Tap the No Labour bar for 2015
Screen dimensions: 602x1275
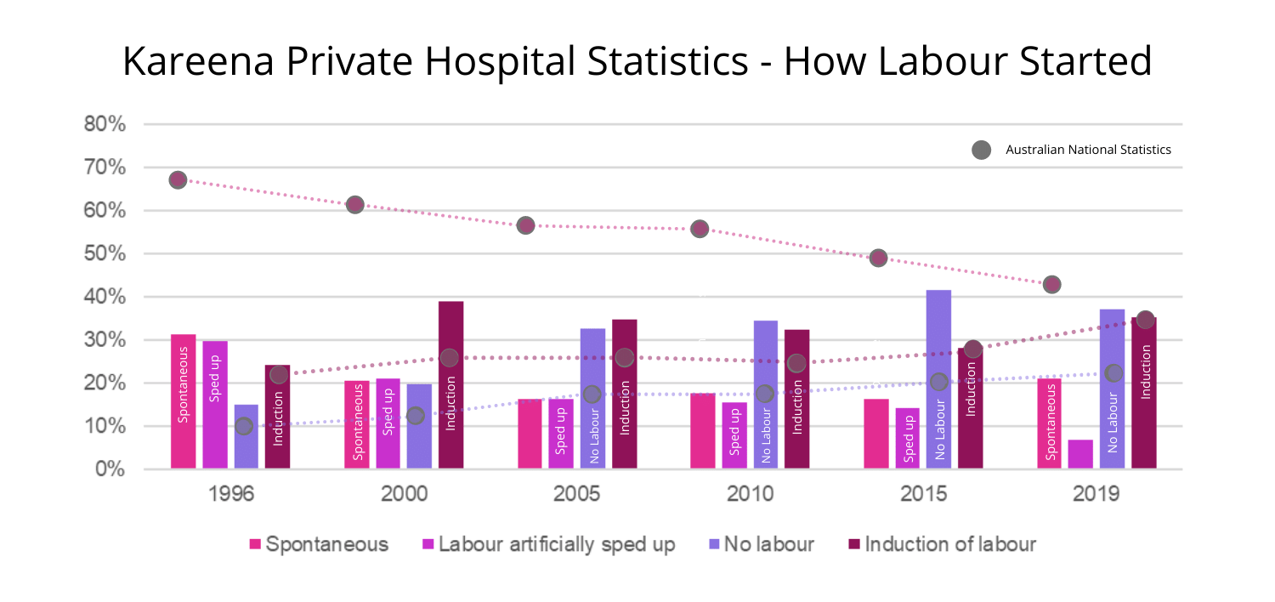(938, 379)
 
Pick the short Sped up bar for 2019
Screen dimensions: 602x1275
(1080, 454)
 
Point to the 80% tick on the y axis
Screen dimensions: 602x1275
(105, 125)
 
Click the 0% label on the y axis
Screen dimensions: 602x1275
(110, 469)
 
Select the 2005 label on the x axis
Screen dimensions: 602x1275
(577, 494)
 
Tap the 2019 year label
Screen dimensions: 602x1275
(1096, 494)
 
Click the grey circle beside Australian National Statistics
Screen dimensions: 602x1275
(981, 150)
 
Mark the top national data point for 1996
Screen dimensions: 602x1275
(178, 179)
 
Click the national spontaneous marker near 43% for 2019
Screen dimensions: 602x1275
(1051, 284)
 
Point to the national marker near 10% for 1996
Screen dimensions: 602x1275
(244, 426)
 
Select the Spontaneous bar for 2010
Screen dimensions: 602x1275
(703, 430)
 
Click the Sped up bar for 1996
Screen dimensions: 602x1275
(215, 405)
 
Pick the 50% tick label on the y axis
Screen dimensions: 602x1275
(105, 254)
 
